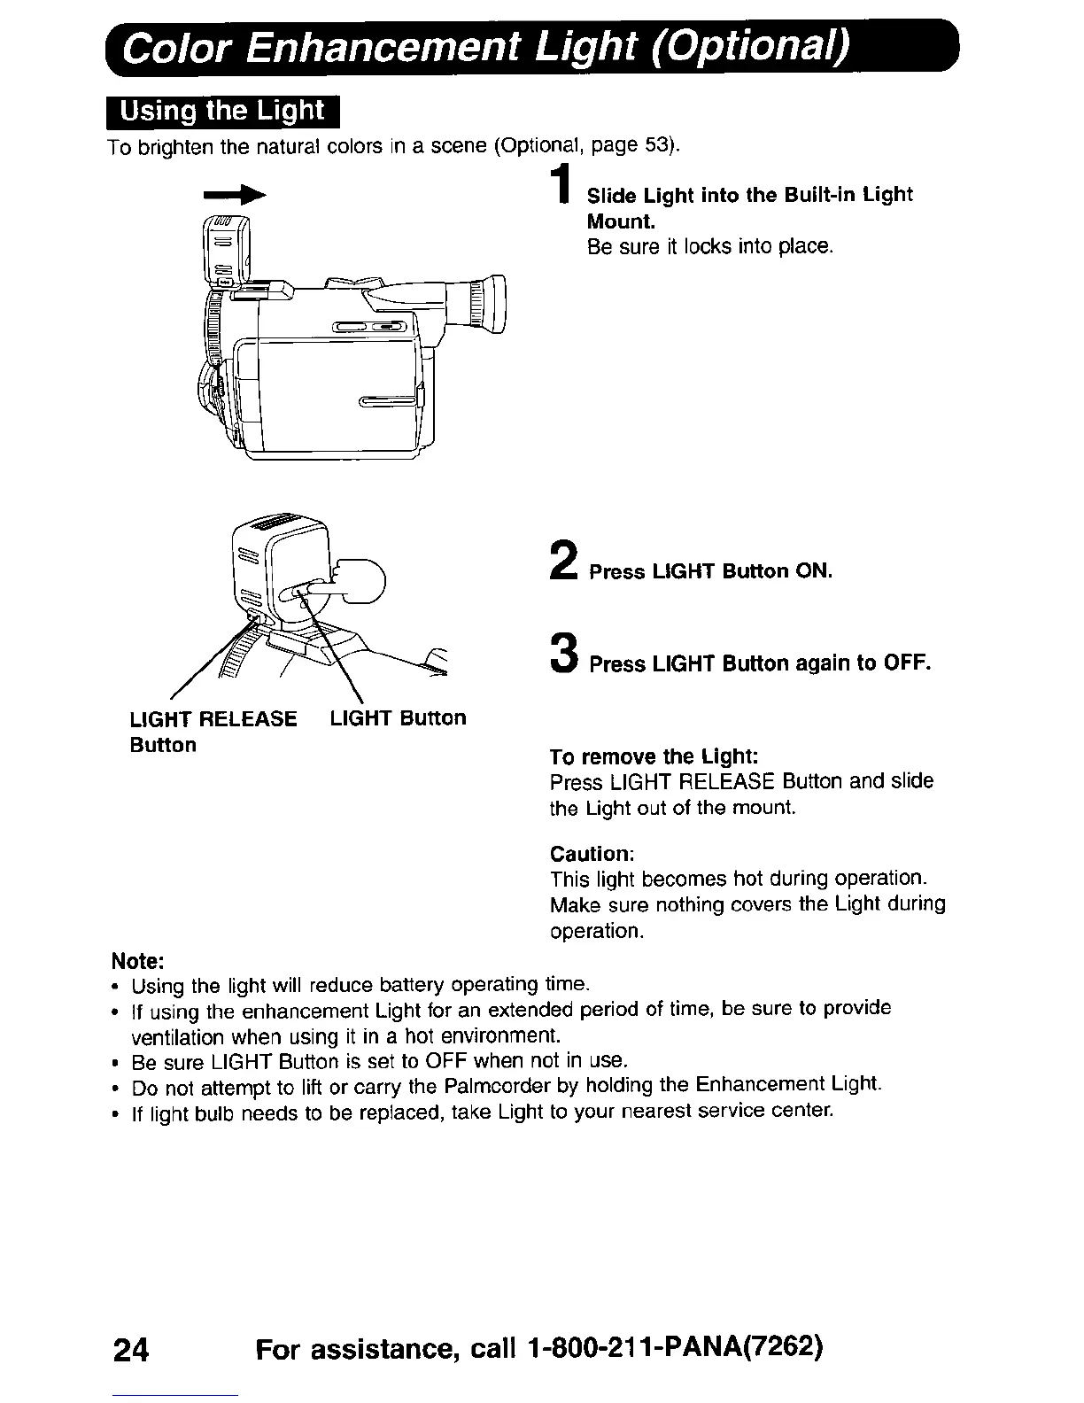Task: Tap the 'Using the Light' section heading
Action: click(x=222, y=112)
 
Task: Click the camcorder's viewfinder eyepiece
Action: click(x=488, y=305)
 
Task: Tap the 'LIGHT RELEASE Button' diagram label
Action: click(x=213, y=731)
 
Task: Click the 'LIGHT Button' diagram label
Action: click(x=398, y=717)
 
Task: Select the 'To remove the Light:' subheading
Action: click(x=654, y=756)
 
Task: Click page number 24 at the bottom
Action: click(x=131, y=1350)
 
